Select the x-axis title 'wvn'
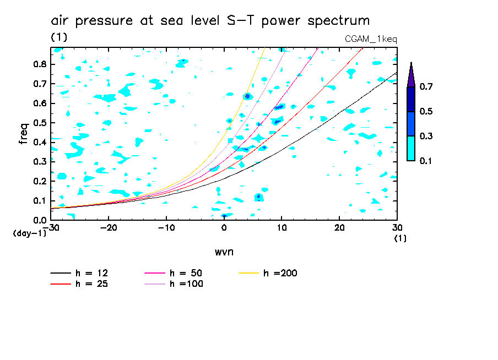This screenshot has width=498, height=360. [x=224, y=252]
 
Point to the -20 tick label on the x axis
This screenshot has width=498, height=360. [x=109, y=227]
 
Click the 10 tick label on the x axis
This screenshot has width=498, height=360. [x=282, y=227]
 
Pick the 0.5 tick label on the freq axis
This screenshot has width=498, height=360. [x=39, y=123]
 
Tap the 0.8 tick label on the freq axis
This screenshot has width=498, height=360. [x=39, y=64]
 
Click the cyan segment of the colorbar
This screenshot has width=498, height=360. [x=411, y=148]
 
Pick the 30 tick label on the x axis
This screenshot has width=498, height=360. [x=397, y=227]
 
